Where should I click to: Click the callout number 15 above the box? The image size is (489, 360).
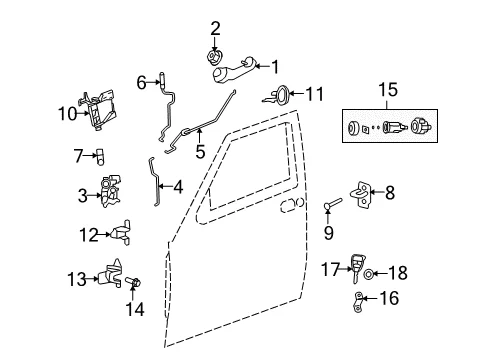[388, 90]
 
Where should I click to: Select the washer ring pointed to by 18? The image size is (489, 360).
[368, 274]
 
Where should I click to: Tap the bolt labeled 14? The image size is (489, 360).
[133, 282]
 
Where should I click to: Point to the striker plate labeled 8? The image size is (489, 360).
[360, 194]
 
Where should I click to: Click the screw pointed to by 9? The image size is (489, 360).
[333, 204]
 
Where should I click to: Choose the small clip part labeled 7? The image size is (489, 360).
[100, 157]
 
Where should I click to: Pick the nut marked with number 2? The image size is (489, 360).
[213, 57]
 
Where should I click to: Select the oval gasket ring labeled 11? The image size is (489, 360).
[283, 96]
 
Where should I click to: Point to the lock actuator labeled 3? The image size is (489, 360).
[110, 191]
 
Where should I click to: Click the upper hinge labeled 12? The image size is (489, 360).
[121, 233]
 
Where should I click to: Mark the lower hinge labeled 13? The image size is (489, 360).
[110, 274]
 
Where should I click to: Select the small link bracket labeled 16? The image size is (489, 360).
[358, 302]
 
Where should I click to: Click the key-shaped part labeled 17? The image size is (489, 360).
[357, 268]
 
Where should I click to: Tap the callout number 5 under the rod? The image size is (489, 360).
[200, 152]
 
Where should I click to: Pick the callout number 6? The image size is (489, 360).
[142, 82]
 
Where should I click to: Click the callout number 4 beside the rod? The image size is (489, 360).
[178, 187]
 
